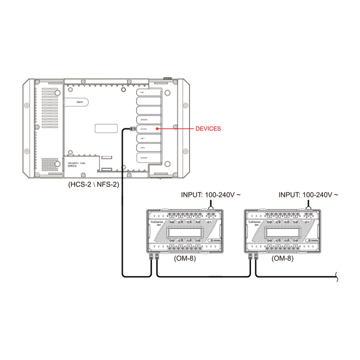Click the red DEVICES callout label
pyautogui.click(x=207, y=129)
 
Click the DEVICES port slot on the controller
pyautogui.click(x=148, y=129)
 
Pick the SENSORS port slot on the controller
pyautogui.click(x=148, y=120)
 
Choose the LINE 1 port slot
pyautogui.click(x=148, y=138)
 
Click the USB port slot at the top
pyautogui.click(x=148, y=93)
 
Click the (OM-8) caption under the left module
pyautogui.click(x=184, y=259)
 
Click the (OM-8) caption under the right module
pyautogui.click(x=282, y=259)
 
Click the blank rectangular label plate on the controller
pyautogui.click(x=106, y=128)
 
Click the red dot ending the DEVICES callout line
pyautogui.click(x=157, y=129)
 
